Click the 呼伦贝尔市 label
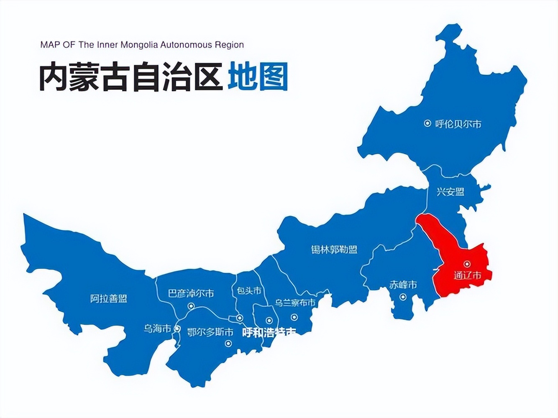point(458,124)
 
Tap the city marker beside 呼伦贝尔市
point(427,123)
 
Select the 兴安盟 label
point(450,192)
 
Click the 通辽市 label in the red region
point(467,275)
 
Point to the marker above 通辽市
point(467,264)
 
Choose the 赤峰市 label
point(403,285)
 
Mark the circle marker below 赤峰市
point(402,297)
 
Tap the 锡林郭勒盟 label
point(334,250)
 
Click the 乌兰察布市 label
point(295,302)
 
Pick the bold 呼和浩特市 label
point(269,333)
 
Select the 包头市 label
point(249,290)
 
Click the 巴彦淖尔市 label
point(191,293)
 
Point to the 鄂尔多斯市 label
point(210,332)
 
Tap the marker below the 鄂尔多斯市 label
point(228,344)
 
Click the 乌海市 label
point(158,329)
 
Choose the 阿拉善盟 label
point(108,298)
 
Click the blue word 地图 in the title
point(258,77)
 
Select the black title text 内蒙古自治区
point(131,77)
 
